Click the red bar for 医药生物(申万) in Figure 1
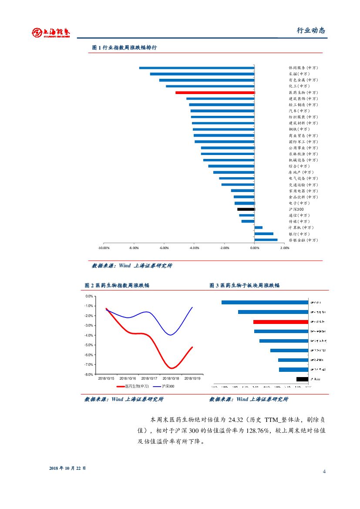click(x=215, y=93)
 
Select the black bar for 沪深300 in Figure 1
click(x=246, y=209)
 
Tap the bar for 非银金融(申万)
click(x=266, y=240)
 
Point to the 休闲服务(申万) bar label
click(x=303, y=68)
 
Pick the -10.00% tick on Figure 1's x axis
click(x=104, y=248)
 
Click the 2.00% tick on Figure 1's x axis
click(x=284, y=248)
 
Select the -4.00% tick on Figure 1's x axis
click(x=194, y=248)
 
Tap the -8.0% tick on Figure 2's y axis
click(x=89, y=374)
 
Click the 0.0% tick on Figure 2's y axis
click(x=89, y=296)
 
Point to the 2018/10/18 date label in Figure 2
click(x=171, y=379)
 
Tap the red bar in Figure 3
click(x=281, y=322)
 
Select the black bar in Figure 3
click(x=302, y=379)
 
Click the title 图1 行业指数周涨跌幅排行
click(x=124, y=47)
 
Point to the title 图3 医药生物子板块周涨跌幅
click(x=245, y=285)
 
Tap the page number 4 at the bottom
click(x=324, y=472)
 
